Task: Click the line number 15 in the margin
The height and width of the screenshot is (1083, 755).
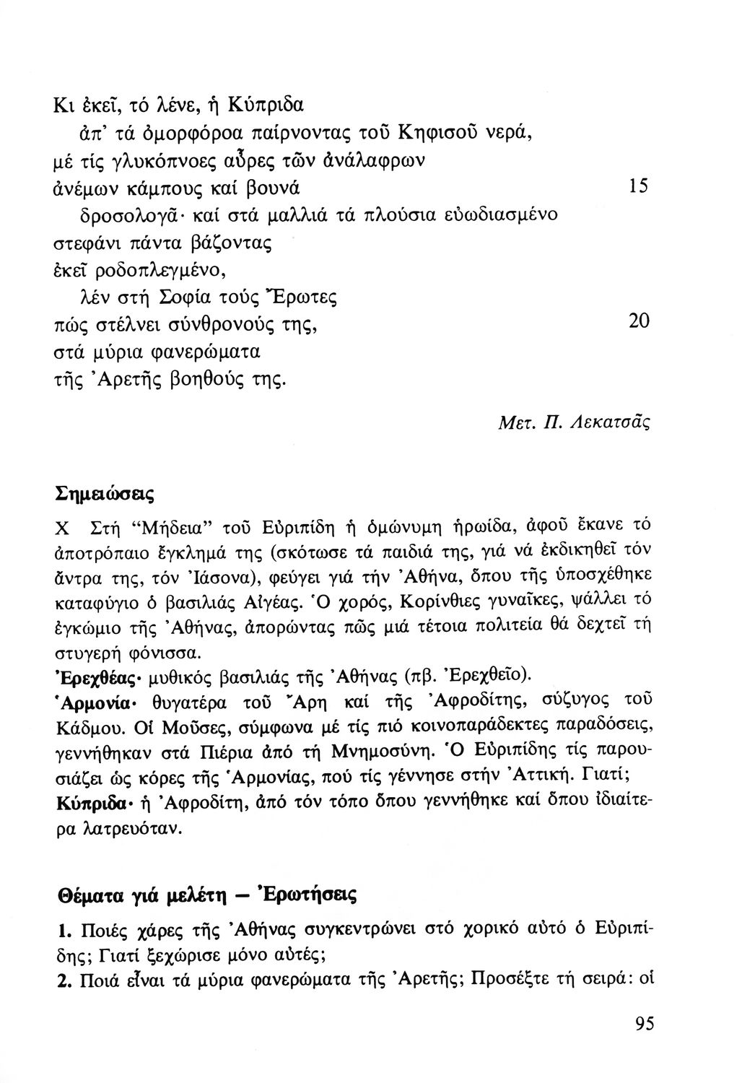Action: [638, 186]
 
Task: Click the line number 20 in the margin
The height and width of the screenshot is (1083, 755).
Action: [640, 321]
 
